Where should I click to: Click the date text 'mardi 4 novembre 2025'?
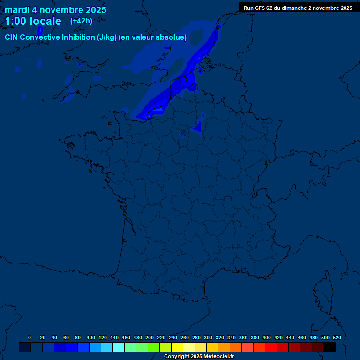tap(55, 10)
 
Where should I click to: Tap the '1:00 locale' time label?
tap(33, 21)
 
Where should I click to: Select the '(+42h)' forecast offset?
tap(81, 21)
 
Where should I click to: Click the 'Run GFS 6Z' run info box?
tap(298, 8)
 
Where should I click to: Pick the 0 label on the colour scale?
tap(30, 337)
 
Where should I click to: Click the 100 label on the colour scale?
tap(91, 337)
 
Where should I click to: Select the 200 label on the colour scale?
tap(150, 337)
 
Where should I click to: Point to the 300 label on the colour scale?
tap(208, 337)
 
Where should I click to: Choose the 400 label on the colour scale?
tap(267, 337)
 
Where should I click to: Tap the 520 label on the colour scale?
tap(337, 337)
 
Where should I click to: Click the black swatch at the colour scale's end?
tap(330, 347)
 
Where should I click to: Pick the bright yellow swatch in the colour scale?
tap(177, 347)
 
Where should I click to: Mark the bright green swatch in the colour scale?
tap(154, 347)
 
